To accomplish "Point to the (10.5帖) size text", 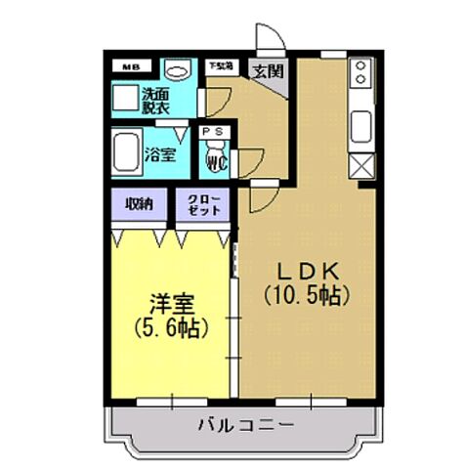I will point(305,294).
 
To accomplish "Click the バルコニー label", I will point(245,425).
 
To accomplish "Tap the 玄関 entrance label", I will point(267,70).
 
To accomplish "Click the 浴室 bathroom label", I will point(160,153).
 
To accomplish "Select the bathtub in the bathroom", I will point(125,153).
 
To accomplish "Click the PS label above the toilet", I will point(216,131).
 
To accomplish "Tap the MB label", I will point(130,66).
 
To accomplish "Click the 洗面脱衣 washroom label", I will point(154,102).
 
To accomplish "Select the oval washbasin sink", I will point(177,70).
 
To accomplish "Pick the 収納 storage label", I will point(140,204).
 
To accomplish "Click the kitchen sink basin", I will point(360,125).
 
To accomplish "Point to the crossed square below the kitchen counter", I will point(361,166).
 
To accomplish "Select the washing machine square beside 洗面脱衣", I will point(124,100).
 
